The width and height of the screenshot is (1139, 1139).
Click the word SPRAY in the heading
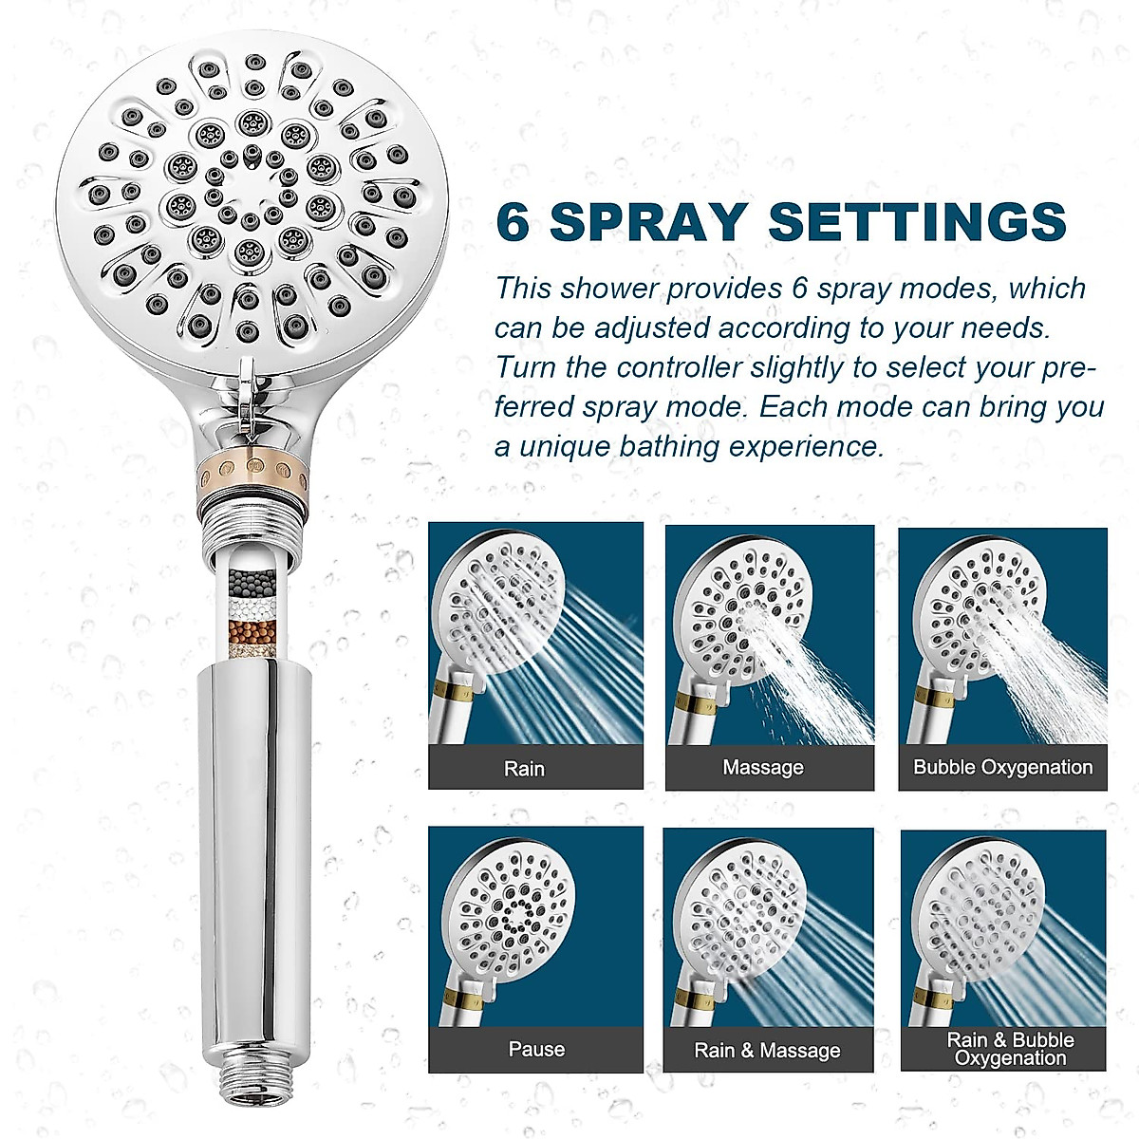click(x=649, y=222)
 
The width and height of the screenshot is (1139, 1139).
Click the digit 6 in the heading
click(x=513, y=222)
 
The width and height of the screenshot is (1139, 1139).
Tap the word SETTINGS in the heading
click(x=918, y=222)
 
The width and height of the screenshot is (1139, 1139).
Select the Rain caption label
click(x=524, y=769)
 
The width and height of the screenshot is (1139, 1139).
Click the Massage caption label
click(x=763, y=767)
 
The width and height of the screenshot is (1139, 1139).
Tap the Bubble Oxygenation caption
click(x=1002, y=767)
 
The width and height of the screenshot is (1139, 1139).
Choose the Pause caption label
click(x=536, y=1049)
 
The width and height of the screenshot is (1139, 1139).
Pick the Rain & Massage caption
click(x=767, y=1050)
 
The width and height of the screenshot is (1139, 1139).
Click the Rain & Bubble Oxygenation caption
click(x=1010, y=1049)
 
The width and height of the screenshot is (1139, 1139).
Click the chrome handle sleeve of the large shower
click(x=251, y=854)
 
